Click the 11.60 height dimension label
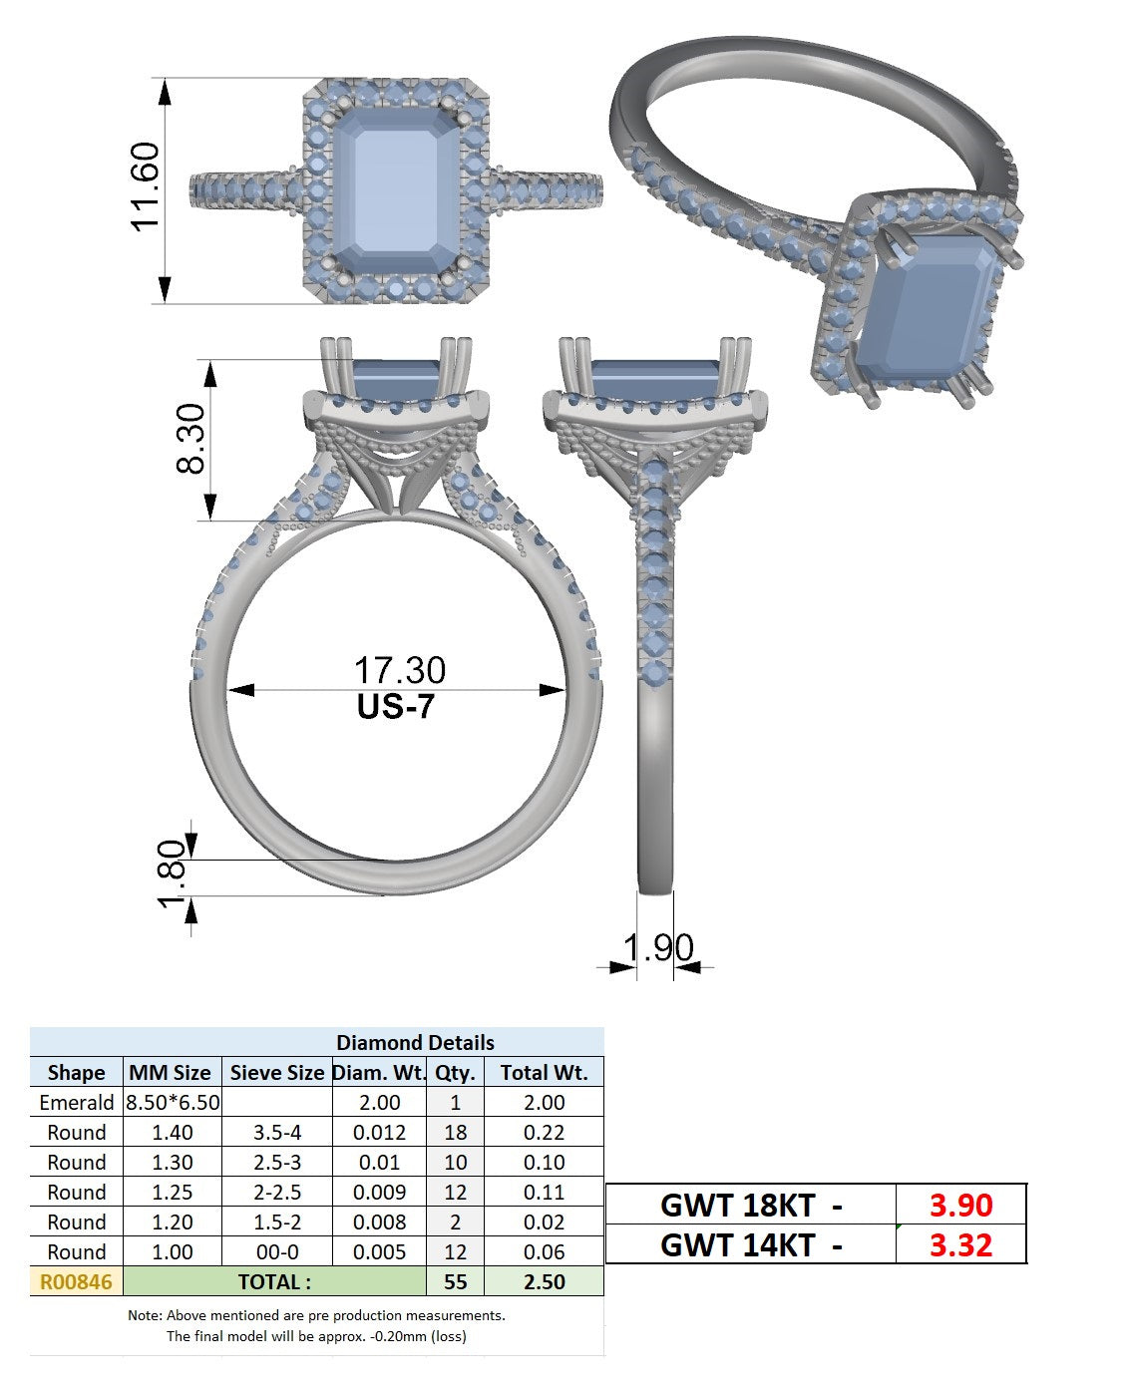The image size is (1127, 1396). tap(145, 186)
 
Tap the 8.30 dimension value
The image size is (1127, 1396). tap(190, 439)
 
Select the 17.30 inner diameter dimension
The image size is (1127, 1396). tap(399, 670)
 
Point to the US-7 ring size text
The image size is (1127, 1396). tap(395, 707)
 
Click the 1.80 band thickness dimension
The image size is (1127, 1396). tap(172, 872)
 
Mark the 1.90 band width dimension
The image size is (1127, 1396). tap(657, 947)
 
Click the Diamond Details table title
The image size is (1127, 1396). tap(415, 1043)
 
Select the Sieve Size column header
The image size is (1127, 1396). tap(276, 1073)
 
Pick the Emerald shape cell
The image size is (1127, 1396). tap(76, 1103)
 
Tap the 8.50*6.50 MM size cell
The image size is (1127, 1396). tap(173, 1103)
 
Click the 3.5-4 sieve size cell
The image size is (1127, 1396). tap(276, 1133)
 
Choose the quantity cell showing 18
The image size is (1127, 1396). tap(455, 1133)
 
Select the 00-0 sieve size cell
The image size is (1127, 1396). tap(276, 1251)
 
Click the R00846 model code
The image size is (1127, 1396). tap(76, 1282)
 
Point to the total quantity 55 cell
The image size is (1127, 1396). tap(455, 1282)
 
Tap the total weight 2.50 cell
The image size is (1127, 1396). tap(544, 1282)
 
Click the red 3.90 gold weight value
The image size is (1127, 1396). tap(960, 1206)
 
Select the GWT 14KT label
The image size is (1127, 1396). tap(738, 1245)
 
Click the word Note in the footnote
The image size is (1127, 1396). tap(143, 1315)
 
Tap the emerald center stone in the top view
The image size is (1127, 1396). tap(396, 190)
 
